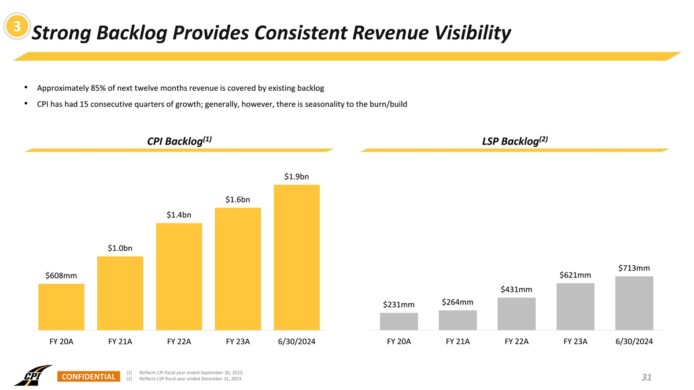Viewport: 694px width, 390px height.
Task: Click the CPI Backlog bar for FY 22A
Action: tap(179, 276)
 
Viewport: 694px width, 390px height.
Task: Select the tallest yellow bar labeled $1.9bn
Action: tap(297, 257)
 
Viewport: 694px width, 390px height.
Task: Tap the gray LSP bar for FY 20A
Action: tap(399, 321)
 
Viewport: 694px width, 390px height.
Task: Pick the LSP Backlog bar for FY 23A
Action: tap(575, 306)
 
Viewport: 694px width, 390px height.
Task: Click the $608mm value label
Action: tap(61, 276)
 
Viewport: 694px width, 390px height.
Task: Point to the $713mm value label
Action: tap(634, 268)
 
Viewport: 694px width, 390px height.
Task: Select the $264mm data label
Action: tap(457, 302)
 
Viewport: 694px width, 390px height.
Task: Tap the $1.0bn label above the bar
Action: tap(120, 248)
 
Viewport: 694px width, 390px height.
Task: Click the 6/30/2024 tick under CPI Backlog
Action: tap(297, 341)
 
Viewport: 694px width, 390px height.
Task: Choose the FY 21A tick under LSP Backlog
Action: tap(458, 341)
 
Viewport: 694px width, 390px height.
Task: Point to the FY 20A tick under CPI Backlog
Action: tap(61, 341)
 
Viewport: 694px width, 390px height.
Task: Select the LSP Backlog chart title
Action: tap(514, 141)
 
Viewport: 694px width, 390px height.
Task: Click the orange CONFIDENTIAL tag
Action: tap(88, 377)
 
